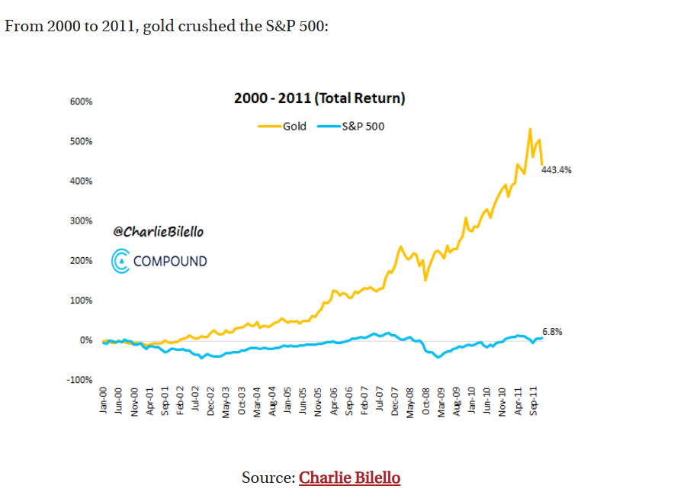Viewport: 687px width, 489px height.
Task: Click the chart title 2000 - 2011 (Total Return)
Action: tap(319, 98)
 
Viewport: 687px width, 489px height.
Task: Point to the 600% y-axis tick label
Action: tap(82, 101)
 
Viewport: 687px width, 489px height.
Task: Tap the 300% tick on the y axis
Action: tap(82, 221)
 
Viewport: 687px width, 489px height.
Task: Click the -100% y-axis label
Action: tap(81, 380)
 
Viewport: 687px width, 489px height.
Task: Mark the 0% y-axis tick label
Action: tap(86, 340)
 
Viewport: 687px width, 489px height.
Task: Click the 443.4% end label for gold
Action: tap(556, 170)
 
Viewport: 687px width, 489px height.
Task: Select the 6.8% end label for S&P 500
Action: tap(552, 332)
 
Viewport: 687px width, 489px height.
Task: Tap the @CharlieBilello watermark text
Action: tap(159, 231)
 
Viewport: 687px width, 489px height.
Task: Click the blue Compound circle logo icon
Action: tap(121, 261)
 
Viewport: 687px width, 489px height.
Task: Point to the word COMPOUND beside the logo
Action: tap(169, 261)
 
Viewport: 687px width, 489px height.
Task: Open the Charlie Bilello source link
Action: tap(349, 478)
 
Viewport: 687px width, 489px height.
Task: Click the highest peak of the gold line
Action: tap(529, 129)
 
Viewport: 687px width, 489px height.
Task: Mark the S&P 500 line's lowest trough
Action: tap(438, 357)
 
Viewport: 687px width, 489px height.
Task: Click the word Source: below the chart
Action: tap(268, 478)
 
